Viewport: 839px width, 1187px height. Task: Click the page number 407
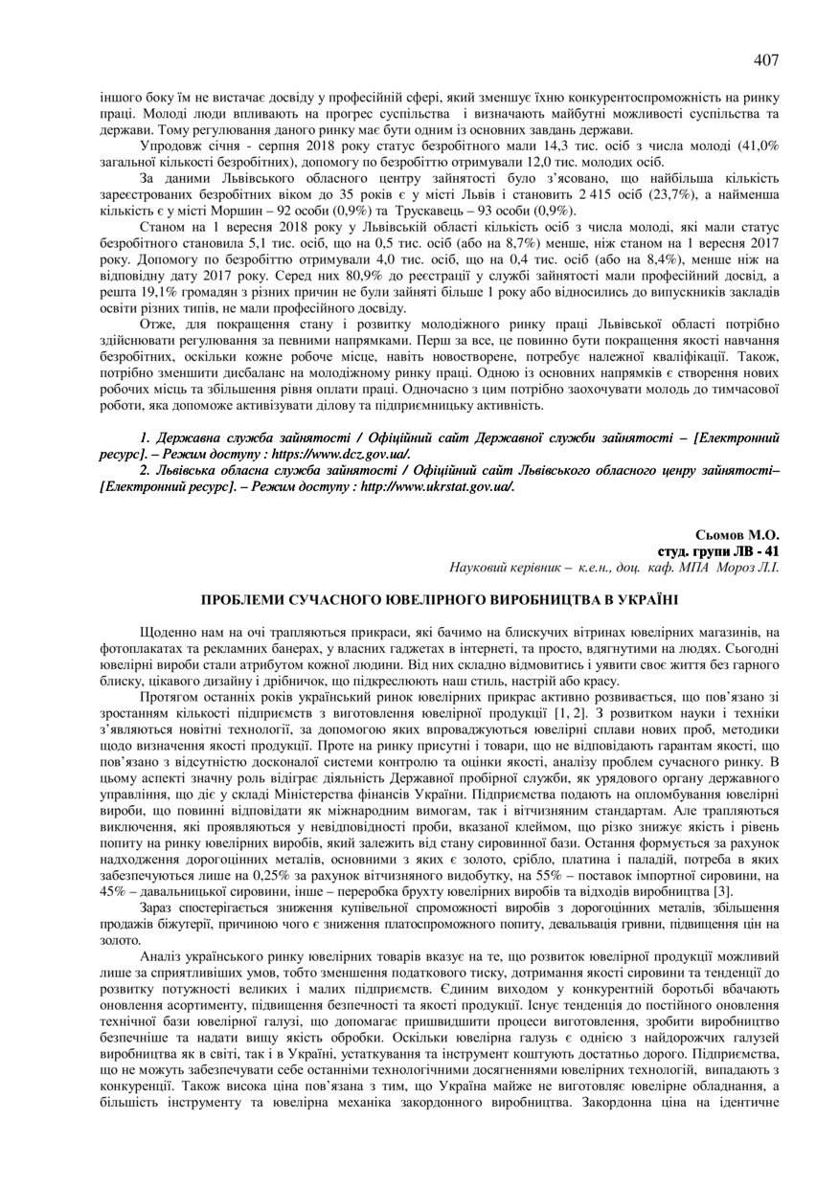click(766, 60)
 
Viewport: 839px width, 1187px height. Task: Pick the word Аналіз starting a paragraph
click(162, 955)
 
